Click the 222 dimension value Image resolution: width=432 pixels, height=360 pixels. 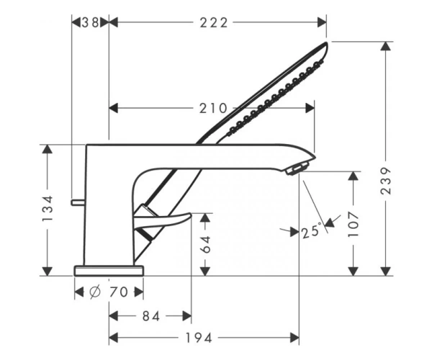[x=214, y=22]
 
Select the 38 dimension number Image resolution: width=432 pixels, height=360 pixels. [x=91, y=22]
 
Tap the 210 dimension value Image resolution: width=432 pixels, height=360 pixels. [x=213, y=108]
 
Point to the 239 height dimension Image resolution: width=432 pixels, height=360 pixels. [x=386, y=181]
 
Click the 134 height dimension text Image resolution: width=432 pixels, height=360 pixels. [x=48, y=209]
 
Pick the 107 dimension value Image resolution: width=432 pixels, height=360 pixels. [x=354, y=224]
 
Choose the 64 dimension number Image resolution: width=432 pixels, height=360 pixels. [x=205, y=244]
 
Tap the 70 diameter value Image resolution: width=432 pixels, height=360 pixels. [x=119, y=292]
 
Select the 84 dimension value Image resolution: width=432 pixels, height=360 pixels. [x=151, y=317]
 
